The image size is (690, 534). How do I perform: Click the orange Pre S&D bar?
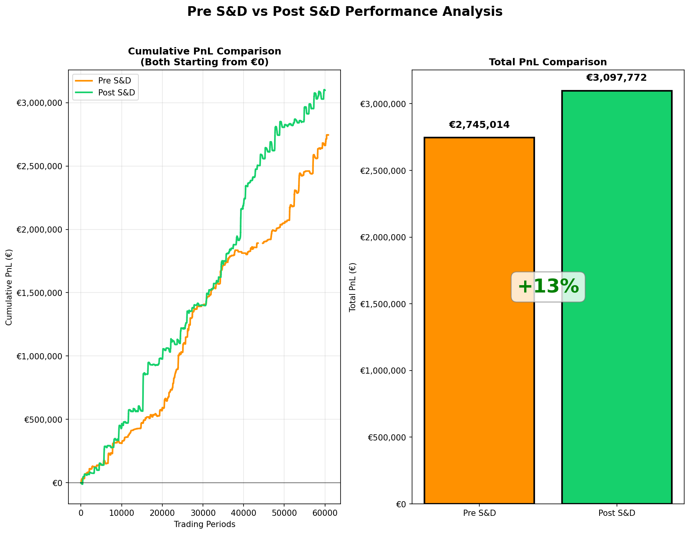click(x=479, y=321)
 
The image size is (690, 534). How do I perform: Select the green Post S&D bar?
click(x=617, y=298)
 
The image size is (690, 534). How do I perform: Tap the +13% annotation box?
click(x=548, y=287)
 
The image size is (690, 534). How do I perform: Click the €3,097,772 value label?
click(x=617, y=78)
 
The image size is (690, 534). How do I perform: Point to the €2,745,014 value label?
click(x=479, y=125)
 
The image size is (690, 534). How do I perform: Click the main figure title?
click(x=345, y=12)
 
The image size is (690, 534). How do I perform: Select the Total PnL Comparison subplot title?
click(x=548, y=62)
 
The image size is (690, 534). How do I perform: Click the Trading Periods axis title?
click(x=204, y=524)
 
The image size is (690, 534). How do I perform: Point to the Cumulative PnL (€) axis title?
click(x=9, y=287)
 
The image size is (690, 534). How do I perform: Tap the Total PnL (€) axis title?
click(x=353, y=287)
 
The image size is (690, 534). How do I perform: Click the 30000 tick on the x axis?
click(x=203, y=513)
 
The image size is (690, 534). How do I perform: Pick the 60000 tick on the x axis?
click(x=325, y=513)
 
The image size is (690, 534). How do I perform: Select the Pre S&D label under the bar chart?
click(x=479, y=514)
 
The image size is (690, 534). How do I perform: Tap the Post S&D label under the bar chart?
click(x=617, y=514)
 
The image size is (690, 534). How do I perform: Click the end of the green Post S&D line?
click(x=325, y=90)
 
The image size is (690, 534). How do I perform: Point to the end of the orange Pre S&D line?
click(x=328, y=135)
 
